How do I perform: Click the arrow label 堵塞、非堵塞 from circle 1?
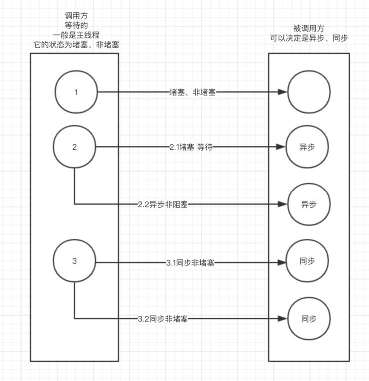point(192,92)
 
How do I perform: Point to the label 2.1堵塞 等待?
point(191,147)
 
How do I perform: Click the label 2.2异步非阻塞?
point(163,205)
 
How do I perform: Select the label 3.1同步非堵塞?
point(190,263)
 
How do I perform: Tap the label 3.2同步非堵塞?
point(163,319)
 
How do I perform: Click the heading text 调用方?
point(76,16)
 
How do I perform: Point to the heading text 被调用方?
point(309,28)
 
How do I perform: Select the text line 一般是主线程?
point(76,35)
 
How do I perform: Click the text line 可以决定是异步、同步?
point(309,38)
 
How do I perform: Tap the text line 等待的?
point(76,25)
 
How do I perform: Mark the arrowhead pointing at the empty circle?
point(283,92)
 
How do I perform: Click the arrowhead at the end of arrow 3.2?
point(283,319)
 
